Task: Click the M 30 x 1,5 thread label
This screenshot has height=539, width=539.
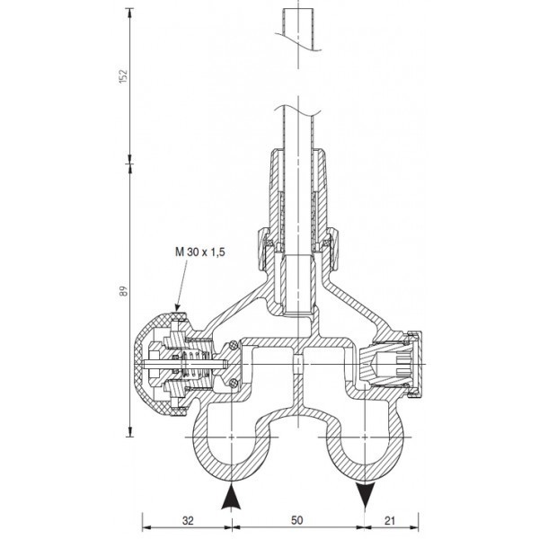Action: click(x=199, y=252)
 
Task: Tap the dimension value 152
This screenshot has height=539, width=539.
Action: click(x=123, y=76)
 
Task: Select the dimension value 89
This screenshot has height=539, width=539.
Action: click(x=123, y=291)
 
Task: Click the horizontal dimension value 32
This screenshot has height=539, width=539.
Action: click(x=188, y=520)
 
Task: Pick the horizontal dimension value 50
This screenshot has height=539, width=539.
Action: click(x=297, y=520)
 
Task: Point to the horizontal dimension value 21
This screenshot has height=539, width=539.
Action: click(x=390, y=520)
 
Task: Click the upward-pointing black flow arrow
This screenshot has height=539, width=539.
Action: click(x=231, y=496)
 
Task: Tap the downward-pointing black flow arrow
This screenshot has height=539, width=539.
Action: click(x=365, y=496)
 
